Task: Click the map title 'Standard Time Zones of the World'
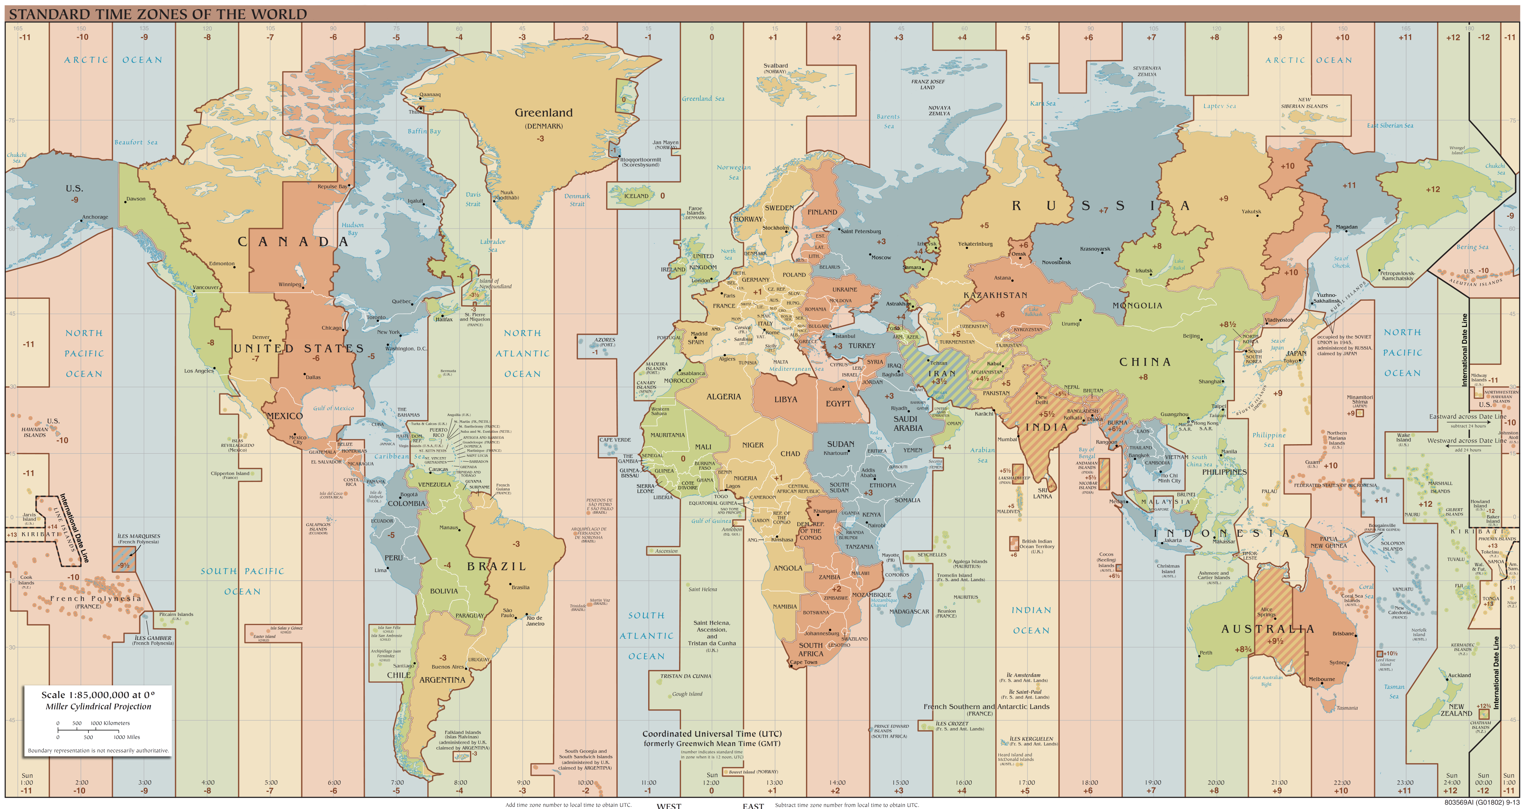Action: [158, 14]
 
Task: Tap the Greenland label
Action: [543, 113]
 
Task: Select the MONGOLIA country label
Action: [1137, 306]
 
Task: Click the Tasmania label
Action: [1347, 707]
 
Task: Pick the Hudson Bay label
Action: [353, 229]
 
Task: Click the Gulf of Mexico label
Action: [333, 408]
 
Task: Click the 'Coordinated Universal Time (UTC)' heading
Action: [711, 734]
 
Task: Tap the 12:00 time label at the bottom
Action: [711, 782]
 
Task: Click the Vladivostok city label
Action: [1279, 320]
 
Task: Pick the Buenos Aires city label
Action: [448, 667]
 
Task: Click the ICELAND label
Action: [636, 196]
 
